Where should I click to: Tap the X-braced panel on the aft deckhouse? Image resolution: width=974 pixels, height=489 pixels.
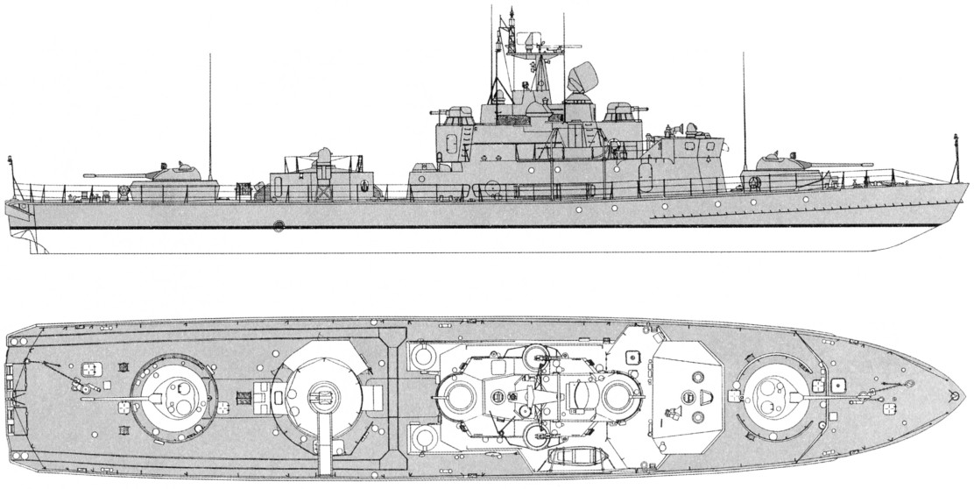(326, 190)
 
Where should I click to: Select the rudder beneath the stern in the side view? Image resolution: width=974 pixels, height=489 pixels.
(32, 240)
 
